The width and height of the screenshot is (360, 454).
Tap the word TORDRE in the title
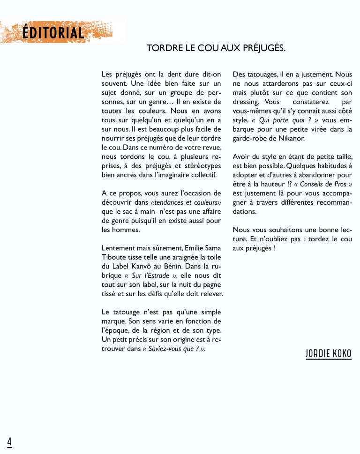click(x=164, y=48)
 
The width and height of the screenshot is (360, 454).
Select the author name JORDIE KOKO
click(x=328, y=354)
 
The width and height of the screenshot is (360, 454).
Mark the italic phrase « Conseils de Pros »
click(x=323, y=184)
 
